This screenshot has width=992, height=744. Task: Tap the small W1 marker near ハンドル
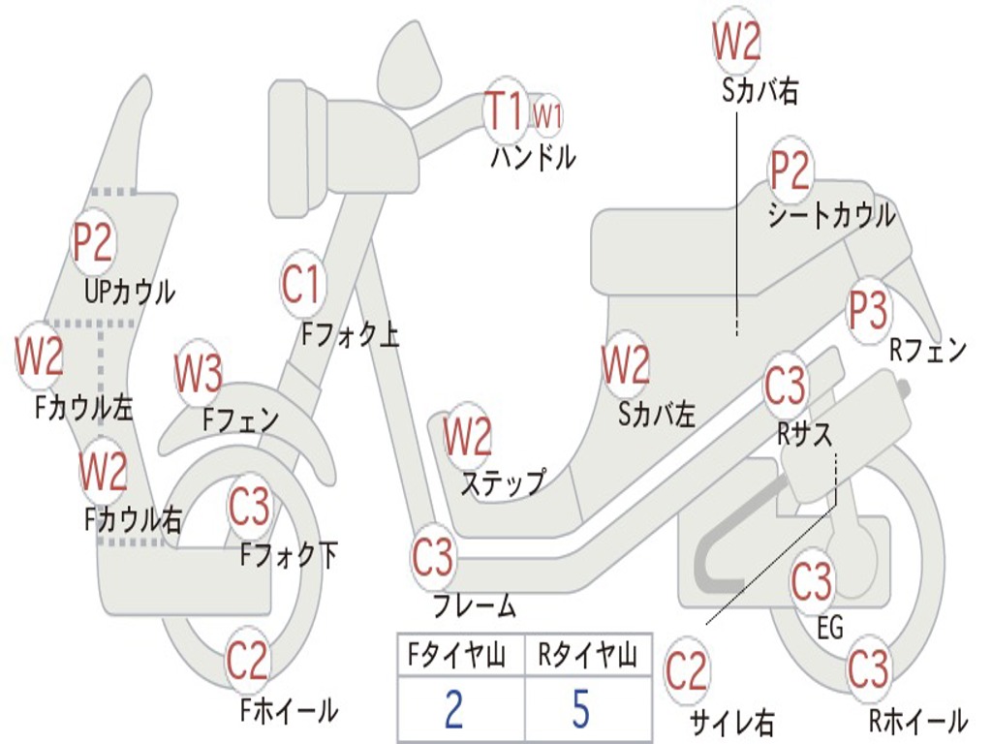pos(547,115)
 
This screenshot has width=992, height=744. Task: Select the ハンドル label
pos(533,157)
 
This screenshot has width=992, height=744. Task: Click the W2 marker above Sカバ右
pos(736,42)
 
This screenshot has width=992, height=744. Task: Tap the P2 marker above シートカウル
pos(790,170)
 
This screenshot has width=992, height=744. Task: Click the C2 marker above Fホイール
pos(247,662)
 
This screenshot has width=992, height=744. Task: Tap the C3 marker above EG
pos(812,581)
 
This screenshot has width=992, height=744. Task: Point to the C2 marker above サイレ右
pos(686,671)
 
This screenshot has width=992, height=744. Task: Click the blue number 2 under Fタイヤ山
pos(453,708)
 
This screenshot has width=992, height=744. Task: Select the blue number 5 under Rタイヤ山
pos(580,708)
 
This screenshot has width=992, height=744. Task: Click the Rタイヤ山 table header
pos(587,657)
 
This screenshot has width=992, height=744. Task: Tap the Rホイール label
pos(916,721)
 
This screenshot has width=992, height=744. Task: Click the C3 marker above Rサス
pos(785,386)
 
